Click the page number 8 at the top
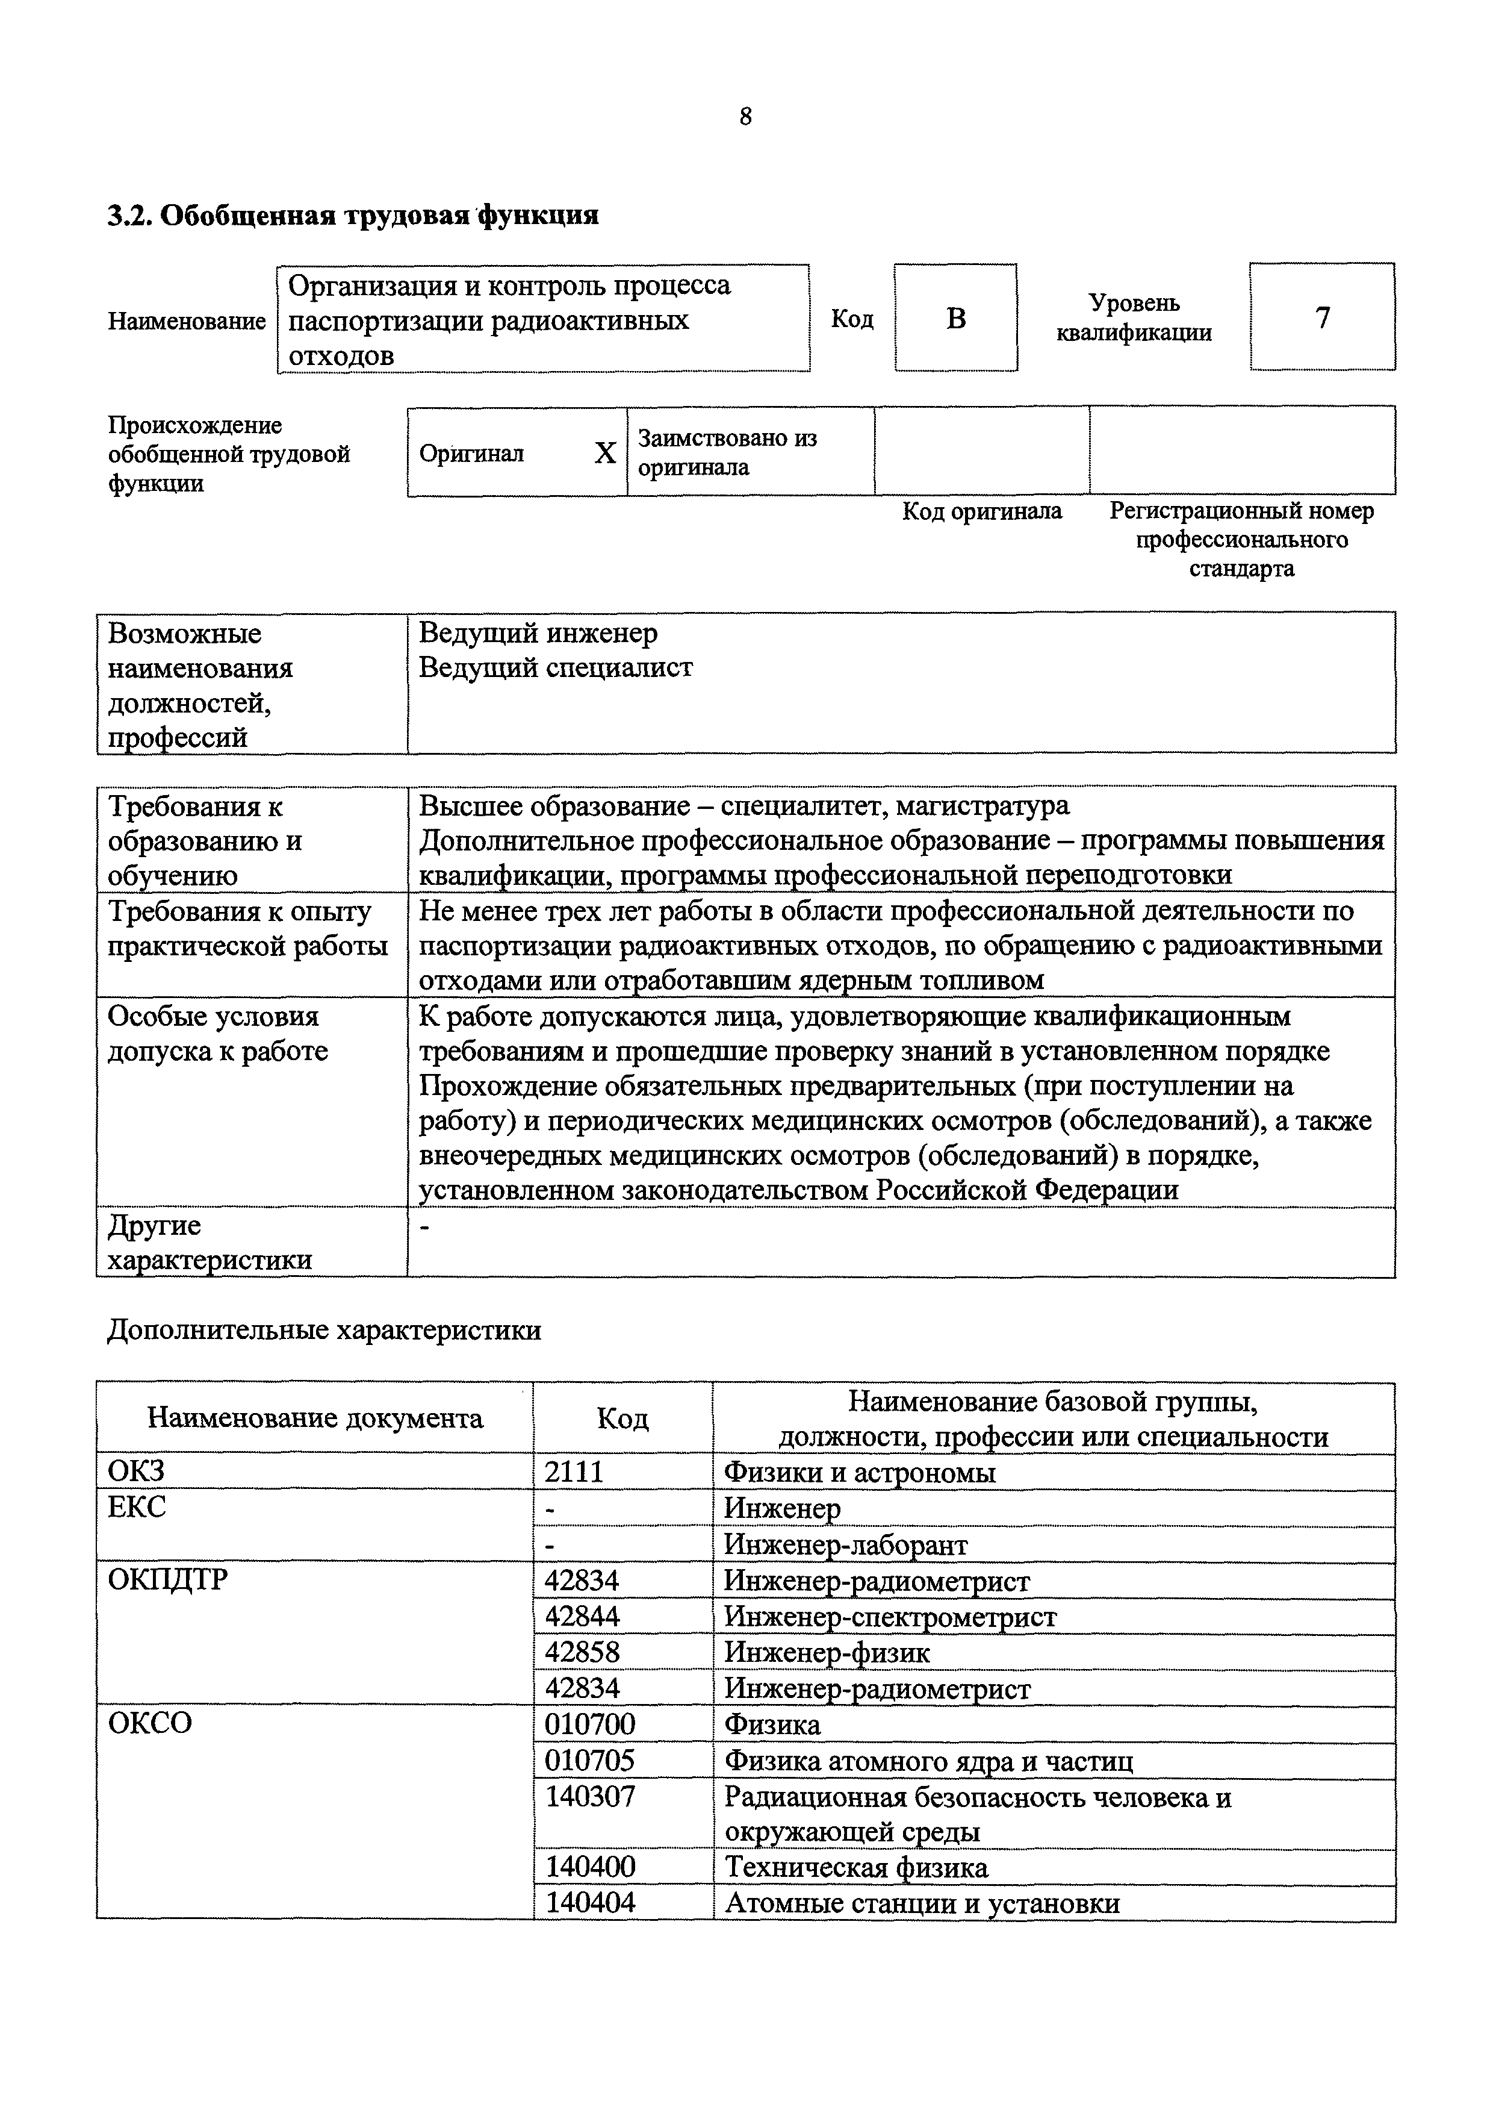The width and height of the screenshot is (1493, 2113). point(745,117)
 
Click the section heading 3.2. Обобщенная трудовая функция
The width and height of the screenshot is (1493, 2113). point(353,216)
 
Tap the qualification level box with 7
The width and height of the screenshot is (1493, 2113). point(1322,317)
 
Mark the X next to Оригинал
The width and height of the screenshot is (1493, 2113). point(604,453)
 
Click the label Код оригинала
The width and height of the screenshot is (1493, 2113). point(981,511)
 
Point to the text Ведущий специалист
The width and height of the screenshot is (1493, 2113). point(556,667)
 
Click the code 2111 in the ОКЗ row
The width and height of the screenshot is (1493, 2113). point(574,1472)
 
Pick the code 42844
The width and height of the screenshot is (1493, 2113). point(582,1616)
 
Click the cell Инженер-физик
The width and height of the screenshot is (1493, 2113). point(827,1652)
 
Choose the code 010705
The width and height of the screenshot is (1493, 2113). point(589,1761)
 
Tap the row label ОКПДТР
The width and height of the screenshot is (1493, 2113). point(167,1580)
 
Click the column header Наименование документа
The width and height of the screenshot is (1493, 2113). point(315,1418)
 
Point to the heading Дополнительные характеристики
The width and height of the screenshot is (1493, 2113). point(324,1331)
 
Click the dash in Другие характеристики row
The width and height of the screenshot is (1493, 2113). point(424,1226)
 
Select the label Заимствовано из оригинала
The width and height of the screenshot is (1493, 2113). point(727,452)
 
